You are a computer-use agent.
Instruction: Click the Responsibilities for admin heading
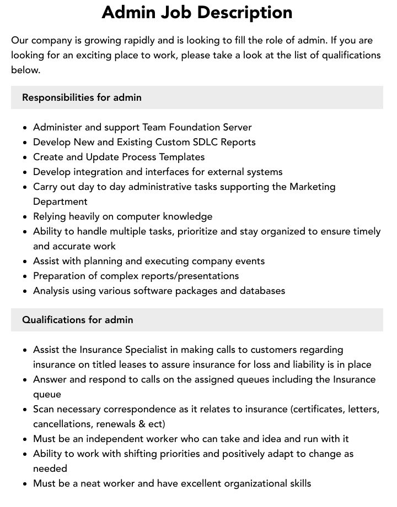(x=82, y=97)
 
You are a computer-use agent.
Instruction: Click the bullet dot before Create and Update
(x=25, y=157)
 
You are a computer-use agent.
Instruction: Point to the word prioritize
(x=199, y=231)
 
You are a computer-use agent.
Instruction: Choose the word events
(x=248, y=261)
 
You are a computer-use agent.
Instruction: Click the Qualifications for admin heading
(x=77, y=320)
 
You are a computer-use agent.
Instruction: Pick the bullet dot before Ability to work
(x=25, y=454)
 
